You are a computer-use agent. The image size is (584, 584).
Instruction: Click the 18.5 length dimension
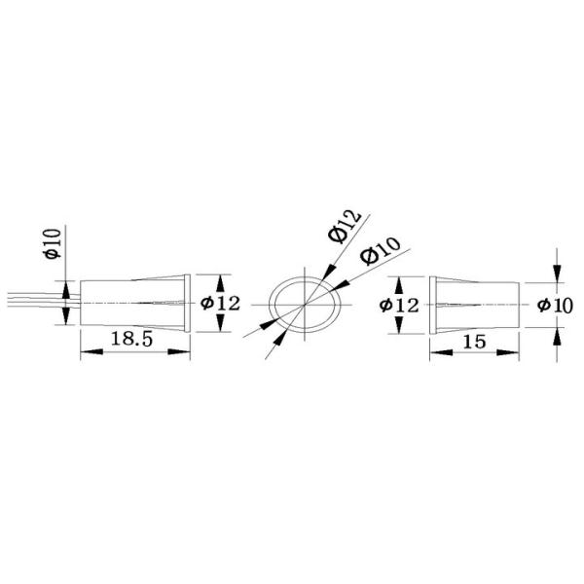131,340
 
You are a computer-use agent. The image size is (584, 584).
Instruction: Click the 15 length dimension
474,342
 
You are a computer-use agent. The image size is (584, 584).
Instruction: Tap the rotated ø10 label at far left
53,243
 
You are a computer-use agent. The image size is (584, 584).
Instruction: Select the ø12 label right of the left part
221,304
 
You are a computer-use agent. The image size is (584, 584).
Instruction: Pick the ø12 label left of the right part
399,306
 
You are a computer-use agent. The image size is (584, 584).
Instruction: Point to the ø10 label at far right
555,306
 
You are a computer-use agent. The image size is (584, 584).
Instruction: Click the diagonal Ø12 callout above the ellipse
345,227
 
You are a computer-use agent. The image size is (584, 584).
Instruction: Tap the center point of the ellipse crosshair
305,305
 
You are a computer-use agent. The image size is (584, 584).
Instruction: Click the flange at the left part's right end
187,303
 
